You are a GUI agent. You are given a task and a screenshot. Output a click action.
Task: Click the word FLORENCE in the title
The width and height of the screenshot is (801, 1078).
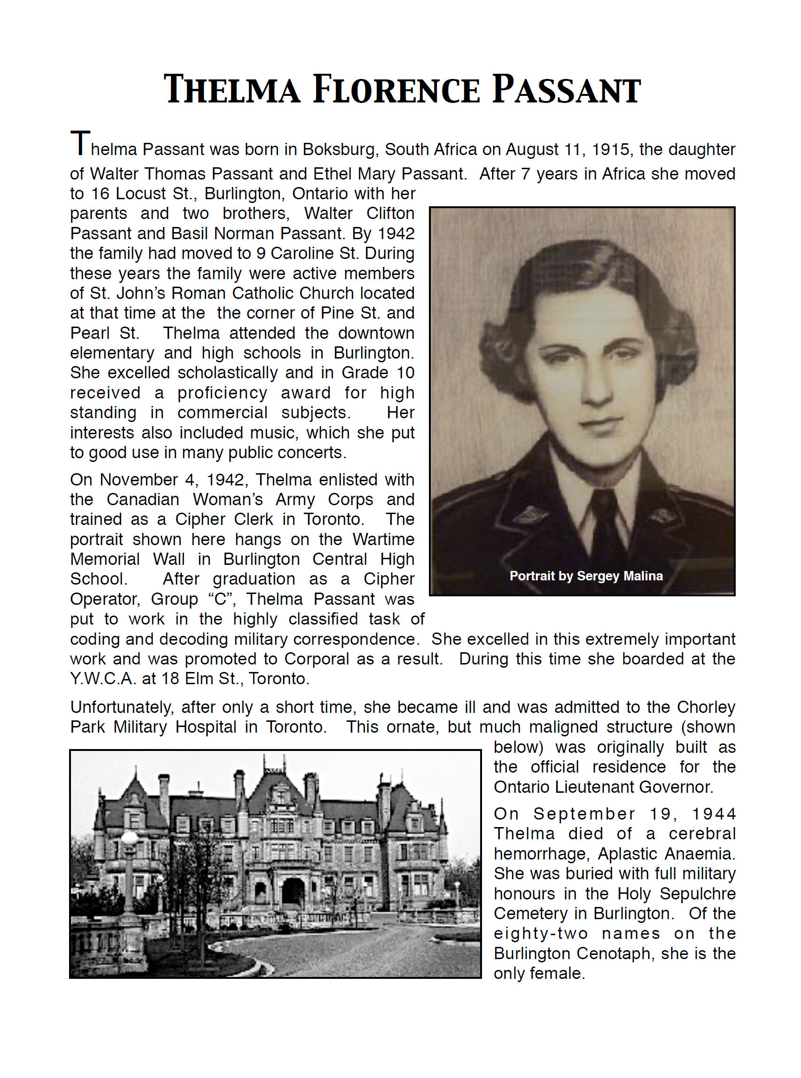tap(396, 90)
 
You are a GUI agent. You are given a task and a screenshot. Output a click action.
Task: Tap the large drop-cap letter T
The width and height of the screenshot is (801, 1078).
tap(80, 143)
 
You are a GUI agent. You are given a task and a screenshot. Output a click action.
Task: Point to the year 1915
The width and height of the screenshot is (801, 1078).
tap(613, 149)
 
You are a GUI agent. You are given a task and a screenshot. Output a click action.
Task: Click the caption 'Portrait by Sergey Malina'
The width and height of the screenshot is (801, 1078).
tap(586, 576)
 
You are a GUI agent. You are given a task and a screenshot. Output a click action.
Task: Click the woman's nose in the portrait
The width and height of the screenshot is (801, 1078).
tap(597, 388)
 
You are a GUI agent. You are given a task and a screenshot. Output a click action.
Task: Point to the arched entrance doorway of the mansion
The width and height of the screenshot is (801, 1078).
tap(293, 893)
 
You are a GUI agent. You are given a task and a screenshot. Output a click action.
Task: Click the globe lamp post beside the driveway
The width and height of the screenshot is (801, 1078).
tap(130, 839)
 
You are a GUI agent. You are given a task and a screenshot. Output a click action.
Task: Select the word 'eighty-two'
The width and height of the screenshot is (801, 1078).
tap(541, 933)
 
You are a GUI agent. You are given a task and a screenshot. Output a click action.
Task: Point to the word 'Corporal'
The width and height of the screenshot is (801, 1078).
tap(317, 659)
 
